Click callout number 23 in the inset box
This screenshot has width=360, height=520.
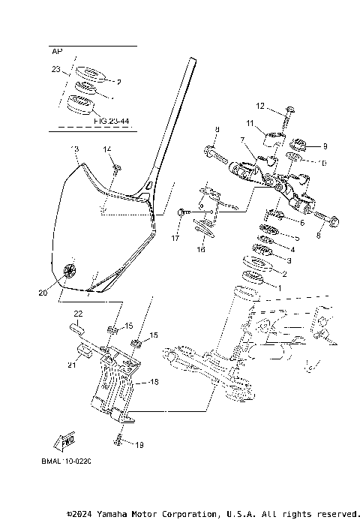pos(55,69)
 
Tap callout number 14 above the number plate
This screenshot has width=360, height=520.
pos(107,149)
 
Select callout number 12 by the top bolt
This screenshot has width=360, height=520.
pos(260,106)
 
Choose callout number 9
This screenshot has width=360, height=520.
pos(314,146)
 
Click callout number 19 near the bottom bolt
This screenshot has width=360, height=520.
pos(139,445)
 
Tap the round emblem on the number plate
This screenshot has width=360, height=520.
pos(72,269)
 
